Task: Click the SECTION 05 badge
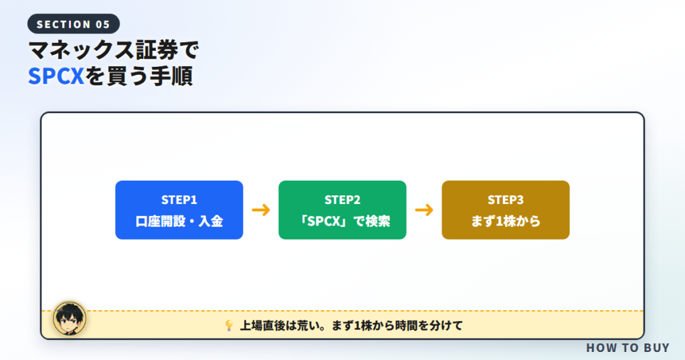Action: [x=74, y=24]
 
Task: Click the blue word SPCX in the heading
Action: [x=56, y=76]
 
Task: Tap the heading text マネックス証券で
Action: [x=114, y=50]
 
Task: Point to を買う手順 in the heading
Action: [x=139, y=76]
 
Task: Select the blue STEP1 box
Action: [x=179, y=209]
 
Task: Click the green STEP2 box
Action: [x=342, y=209]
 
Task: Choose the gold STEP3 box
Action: [x=506, y=209]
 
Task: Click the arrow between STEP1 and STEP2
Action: [x=261, y=210]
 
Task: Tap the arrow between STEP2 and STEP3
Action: [x=424, y=210]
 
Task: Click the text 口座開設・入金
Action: [x=179, y=221]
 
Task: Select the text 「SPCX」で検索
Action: [x=342, y=221]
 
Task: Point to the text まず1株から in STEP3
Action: [x=506, y=221]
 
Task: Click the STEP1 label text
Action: [x=179, y=199]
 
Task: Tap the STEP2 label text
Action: [x=342, y=199]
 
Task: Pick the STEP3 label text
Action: [x=506, y=199]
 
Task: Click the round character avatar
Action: [x=70, y=319]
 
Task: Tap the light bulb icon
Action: [x=229, y=325]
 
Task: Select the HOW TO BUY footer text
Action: [x=627, y=348]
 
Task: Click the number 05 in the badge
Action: [x=102, y=25]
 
